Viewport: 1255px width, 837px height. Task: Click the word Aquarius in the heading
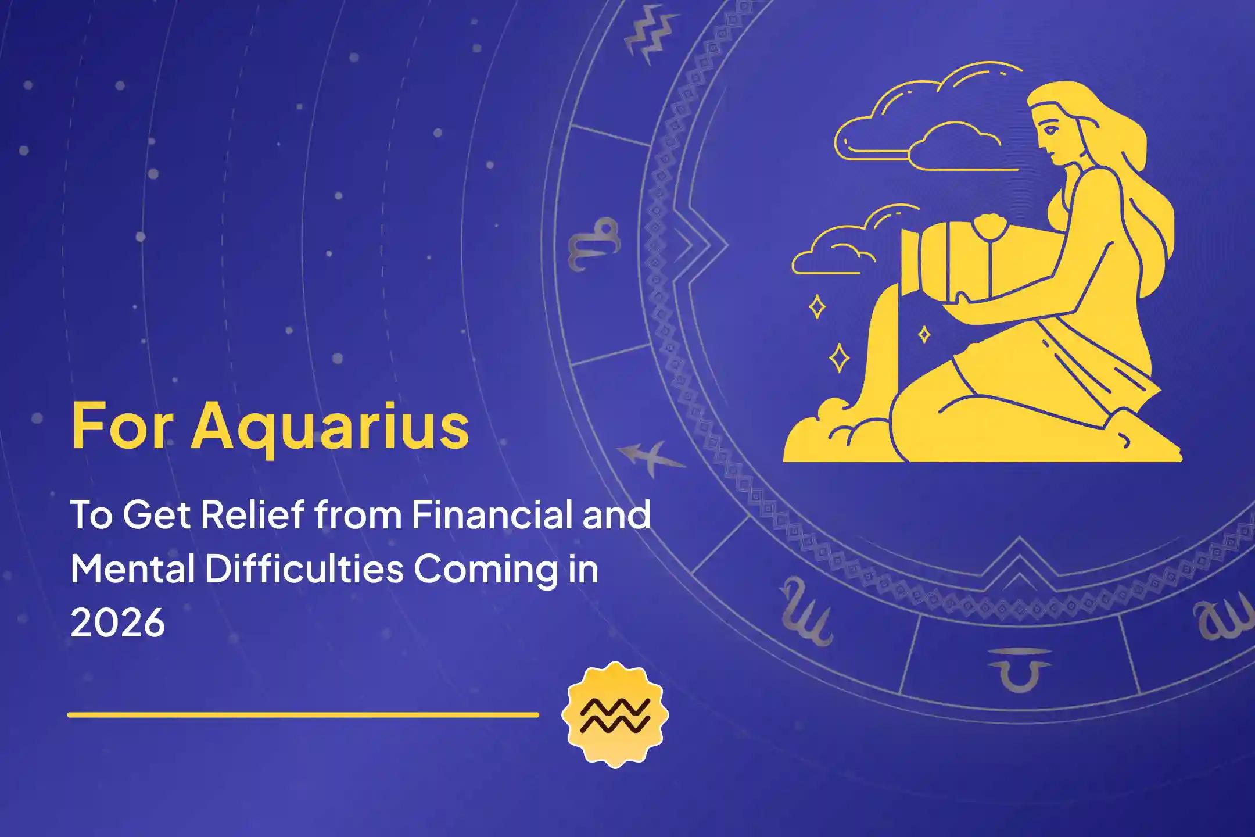click(x=329, y=427)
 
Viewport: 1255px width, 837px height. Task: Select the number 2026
click(x=118, y=623)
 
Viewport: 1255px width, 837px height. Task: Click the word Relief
click(x=252, y=514)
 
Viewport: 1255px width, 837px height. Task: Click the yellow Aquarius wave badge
click(x=615, y=714)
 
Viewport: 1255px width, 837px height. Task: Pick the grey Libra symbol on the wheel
click(x=1020, y=668)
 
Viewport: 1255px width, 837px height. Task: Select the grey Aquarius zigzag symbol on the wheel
click(x=651, y=35)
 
